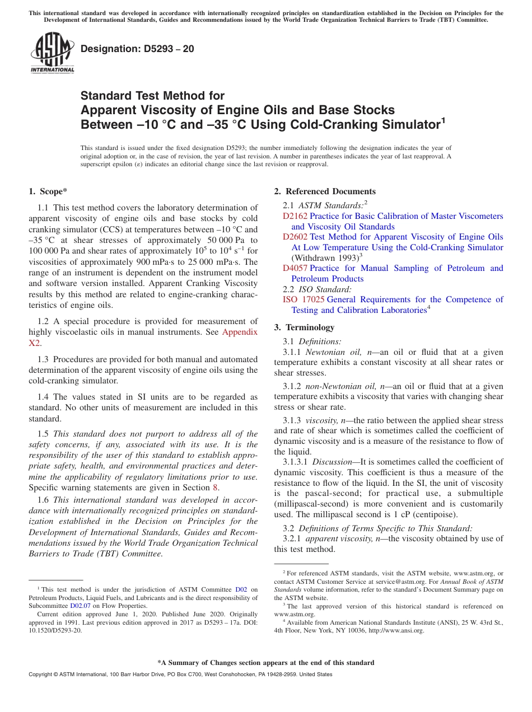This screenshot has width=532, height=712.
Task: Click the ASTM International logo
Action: point(52,53)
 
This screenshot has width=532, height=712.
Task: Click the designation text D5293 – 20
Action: point(137,49)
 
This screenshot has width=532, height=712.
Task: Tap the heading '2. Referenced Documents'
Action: point(325,191)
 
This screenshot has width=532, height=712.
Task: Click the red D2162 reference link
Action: point(295,216)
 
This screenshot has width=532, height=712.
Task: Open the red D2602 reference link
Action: point(295,237)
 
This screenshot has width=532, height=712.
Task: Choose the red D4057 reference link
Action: point(295,268)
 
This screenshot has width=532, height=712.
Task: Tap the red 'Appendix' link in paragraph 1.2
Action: point(240,332)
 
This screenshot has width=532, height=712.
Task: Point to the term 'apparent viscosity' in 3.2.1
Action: point(336,538)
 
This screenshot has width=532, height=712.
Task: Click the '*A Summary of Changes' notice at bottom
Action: point(266,663)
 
